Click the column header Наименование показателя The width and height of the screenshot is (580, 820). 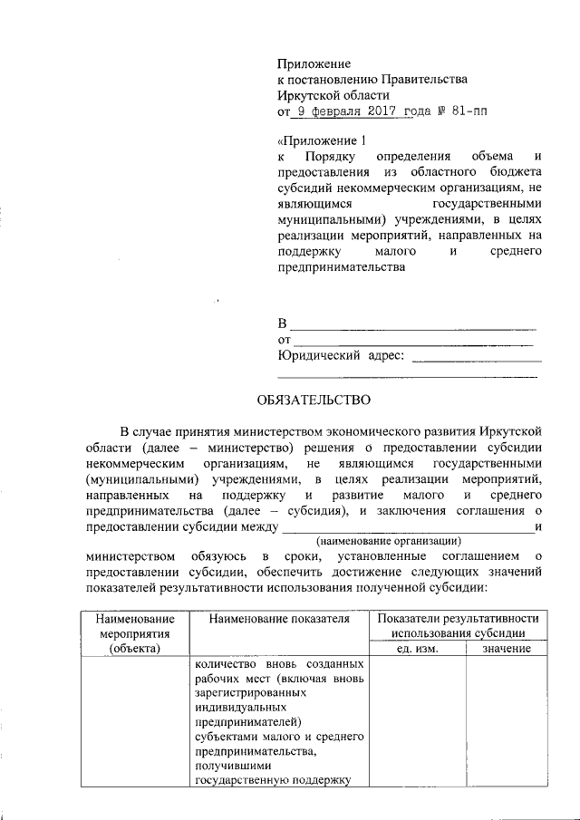pos(278,618)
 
